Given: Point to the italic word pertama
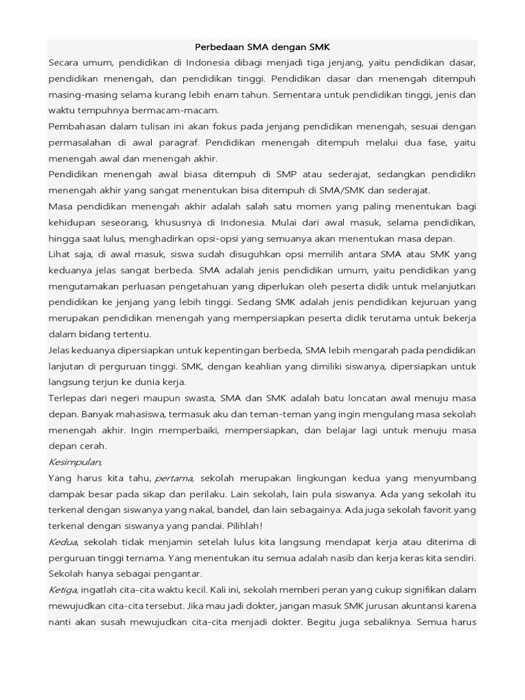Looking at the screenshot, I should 174,477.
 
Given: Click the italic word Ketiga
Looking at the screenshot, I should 64,589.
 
